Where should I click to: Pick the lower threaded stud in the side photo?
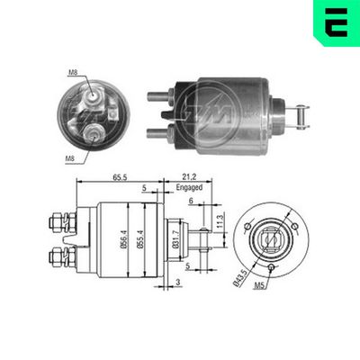tap(155, 130)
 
